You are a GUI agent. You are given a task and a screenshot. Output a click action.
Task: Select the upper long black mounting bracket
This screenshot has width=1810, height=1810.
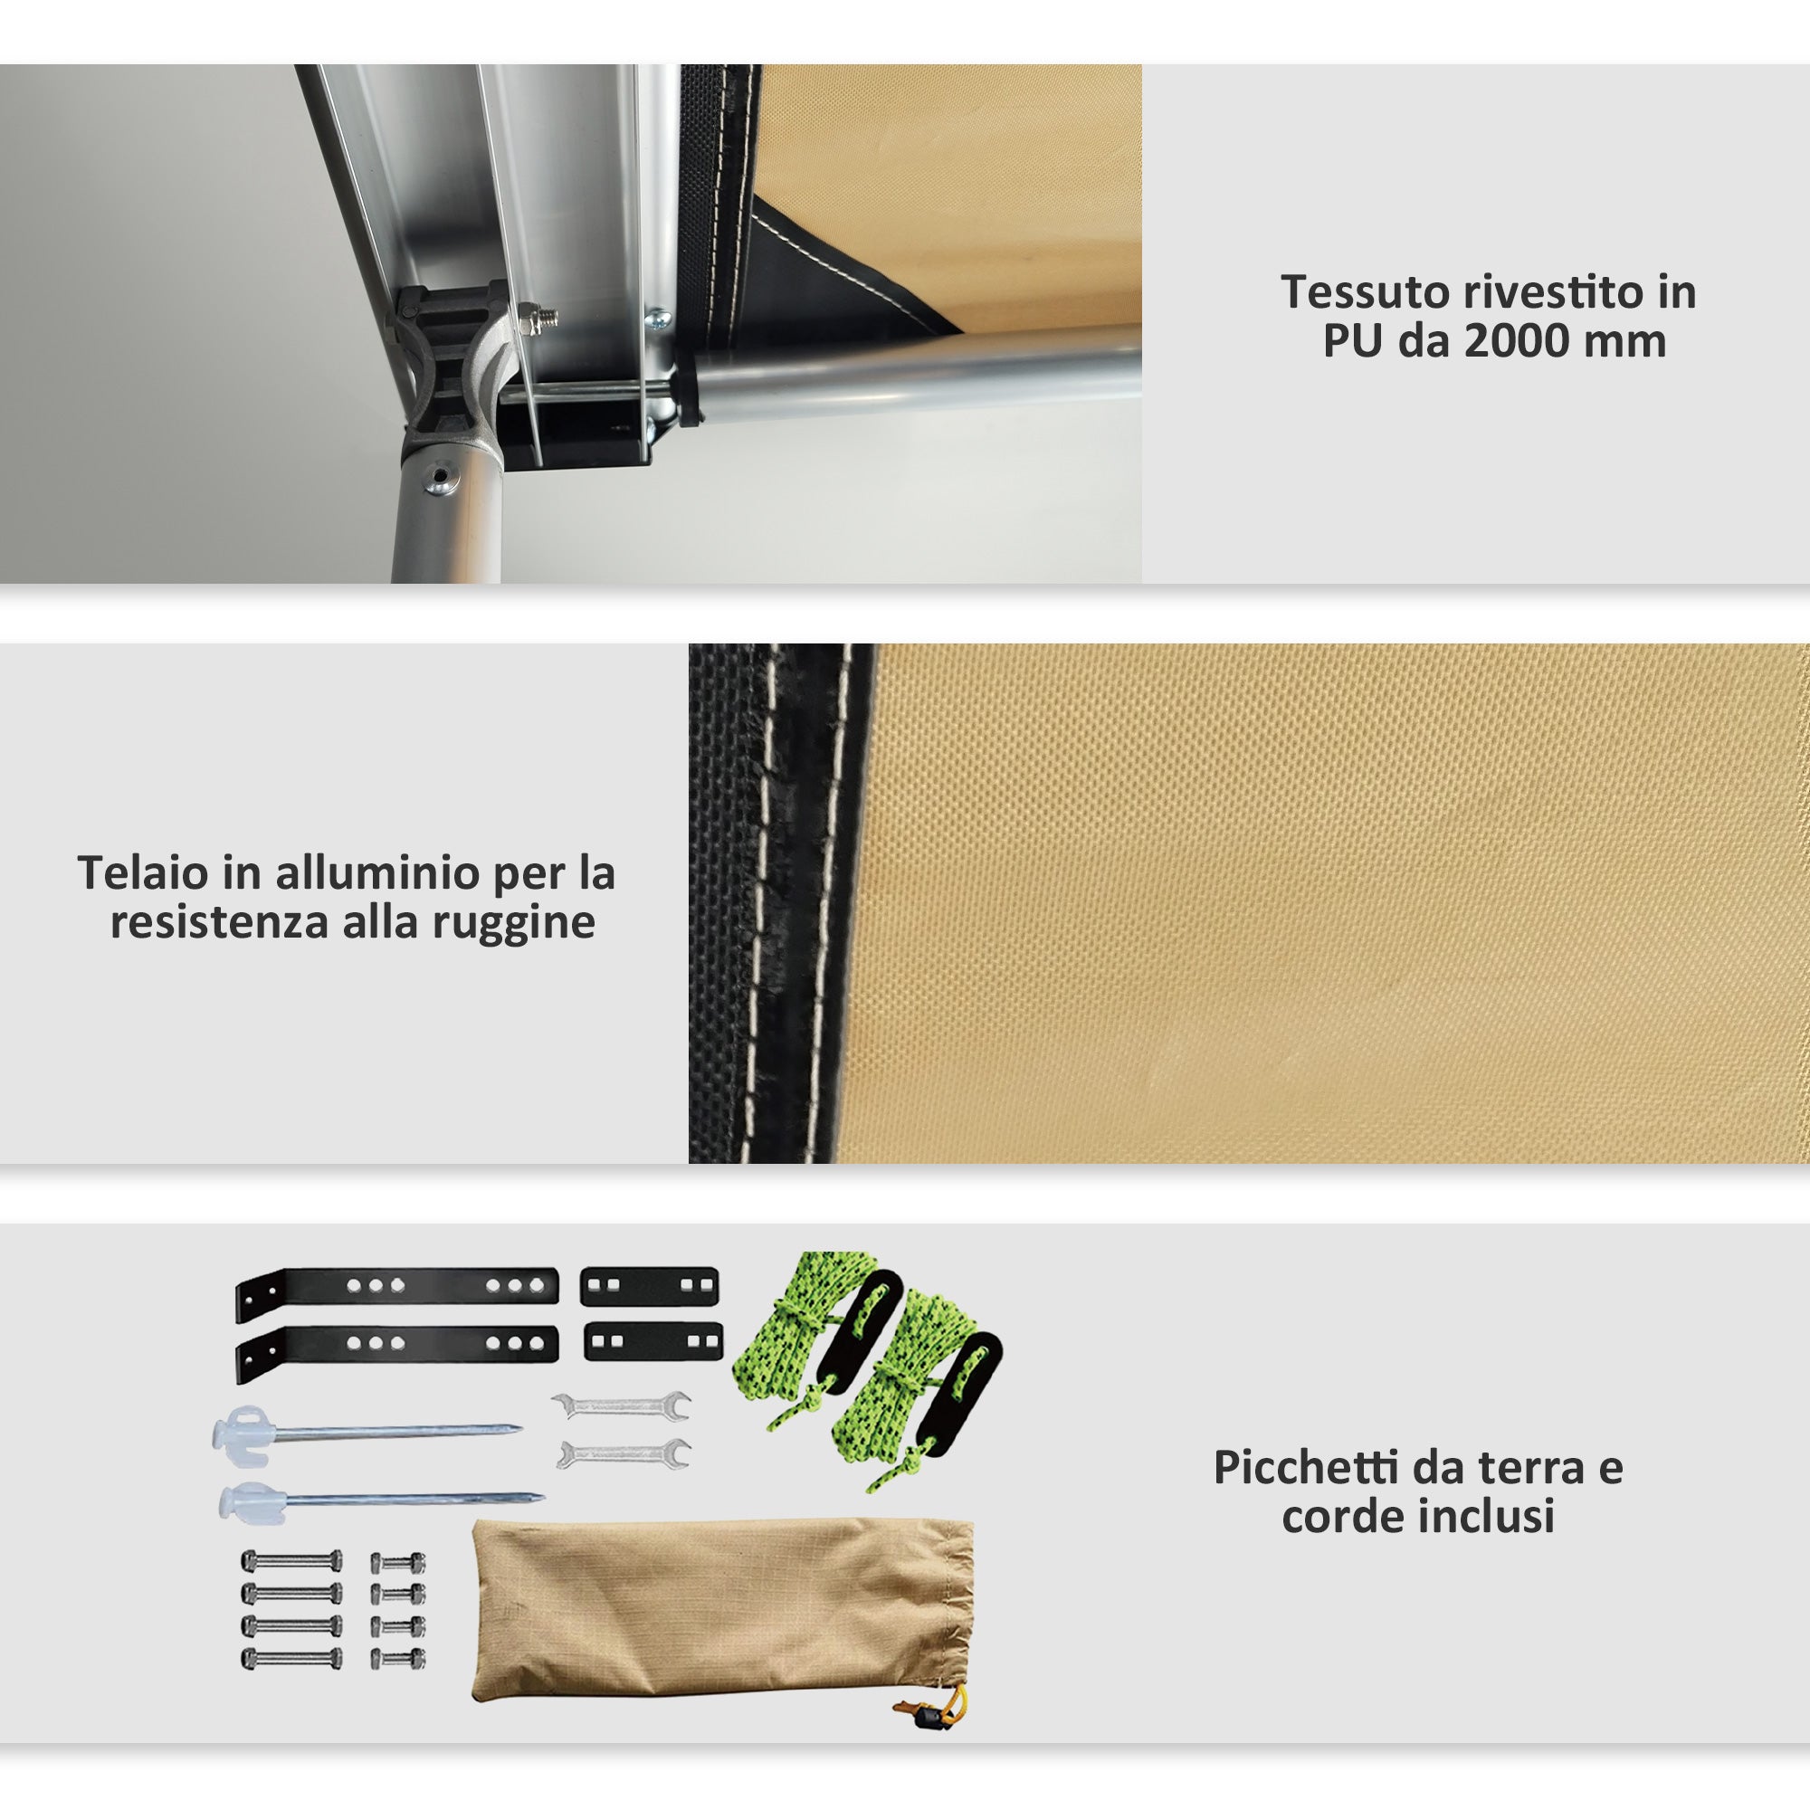click(398, 1286)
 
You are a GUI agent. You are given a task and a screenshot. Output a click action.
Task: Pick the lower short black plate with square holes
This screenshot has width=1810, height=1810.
click(653, 1341)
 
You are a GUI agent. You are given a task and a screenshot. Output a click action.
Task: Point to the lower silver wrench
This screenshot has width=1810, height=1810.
click(623, 1455)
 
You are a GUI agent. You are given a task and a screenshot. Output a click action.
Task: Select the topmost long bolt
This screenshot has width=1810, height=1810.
click(291, 1561)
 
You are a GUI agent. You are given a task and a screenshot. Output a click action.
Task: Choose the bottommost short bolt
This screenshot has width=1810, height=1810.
click(398, 1659)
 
